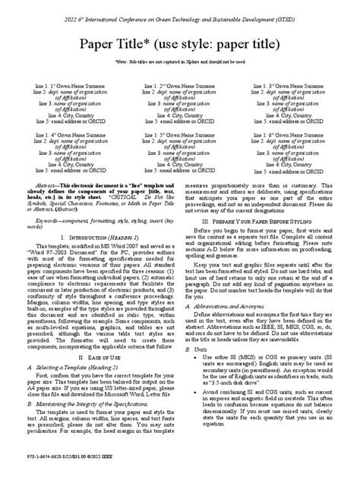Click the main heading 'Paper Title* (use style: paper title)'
coord(180,43)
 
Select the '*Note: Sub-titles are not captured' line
coord(180,66)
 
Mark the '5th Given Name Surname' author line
coord(180,134)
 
